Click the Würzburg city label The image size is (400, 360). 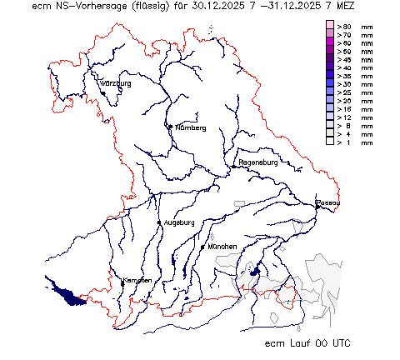coord(116,84)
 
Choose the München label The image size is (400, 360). coord(223,247)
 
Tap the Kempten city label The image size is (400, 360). coord(137,280)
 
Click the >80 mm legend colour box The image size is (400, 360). coord(330,27)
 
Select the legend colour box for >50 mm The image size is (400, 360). coord(330,52)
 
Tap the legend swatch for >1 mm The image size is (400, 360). coord(330,142)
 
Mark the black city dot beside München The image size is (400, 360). coord(202,247)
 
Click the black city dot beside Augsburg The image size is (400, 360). coord(159,222)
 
